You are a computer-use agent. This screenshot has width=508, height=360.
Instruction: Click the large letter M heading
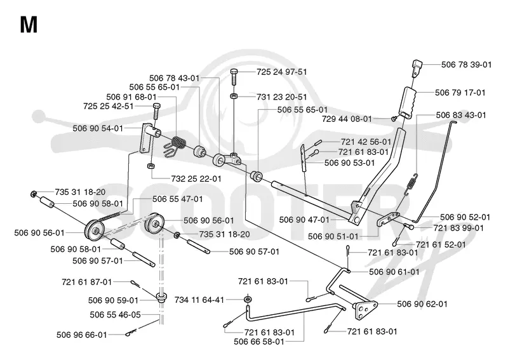pos(29,25)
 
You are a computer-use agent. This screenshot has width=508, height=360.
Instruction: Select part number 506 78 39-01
pos(466,65)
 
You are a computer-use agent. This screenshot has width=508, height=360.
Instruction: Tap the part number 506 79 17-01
pos(460,93)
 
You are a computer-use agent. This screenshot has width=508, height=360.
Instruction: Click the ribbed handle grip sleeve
pos(409,101)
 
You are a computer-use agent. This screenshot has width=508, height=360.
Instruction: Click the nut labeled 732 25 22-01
pos(150,166)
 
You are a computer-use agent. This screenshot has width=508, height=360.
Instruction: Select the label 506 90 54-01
pos(98,128)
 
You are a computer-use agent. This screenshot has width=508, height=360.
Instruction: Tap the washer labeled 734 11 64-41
pos(248,299)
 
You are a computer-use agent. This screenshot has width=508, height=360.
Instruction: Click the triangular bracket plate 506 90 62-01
pos(364,310)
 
